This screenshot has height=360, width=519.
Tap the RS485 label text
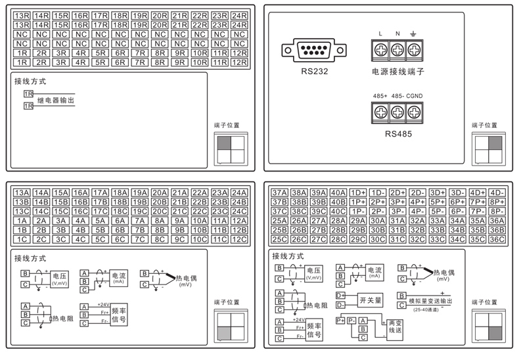coord(397,133)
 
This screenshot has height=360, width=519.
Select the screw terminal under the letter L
coord(381,50)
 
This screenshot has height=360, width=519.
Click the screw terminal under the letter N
coord(397,50)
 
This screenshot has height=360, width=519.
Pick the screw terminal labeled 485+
coord(381,113)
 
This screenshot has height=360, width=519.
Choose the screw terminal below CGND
coord(414,113)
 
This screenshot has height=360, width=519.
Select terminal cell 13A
coord(22,192)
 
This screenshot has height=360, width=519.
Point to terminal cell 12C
coord(239,240)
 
